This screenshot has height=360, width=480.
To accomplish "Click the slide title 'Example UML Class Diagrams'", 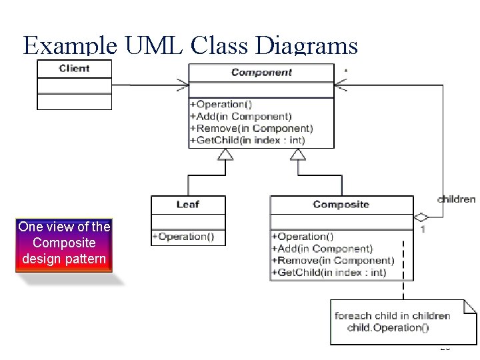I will click(190, 45).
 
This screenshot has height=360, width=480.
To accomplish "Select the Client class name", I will click(74, 69).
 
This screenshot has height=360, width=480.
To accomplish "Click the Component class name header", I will click(261, 73).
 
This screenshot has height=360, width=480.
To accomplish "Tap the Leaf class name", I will click(188, 205).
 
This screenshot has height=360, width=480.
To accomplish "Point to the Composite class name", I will click(341, 205).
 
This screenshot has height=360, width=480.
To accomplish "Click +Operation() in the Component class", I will click(221, 105).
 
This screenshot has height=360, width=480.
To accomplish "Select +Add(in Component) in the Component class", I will click(241, 117).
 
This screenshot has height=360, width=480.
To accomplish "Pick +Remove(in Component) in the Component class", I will click(251, 129).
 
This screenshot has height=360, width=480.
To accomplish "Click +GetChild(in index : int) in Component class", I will click(247, 141).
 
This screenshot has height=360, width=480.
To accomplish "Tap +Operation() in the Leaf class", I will click(182, 237).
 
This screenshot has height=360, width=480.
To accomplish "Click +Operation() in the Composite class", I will click(302, 237).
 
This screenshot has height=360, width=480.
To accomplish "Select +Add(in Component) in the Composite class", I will click(322, 249).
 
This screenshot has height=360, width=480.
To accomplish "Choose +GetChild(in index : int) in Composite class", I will click(329, 273).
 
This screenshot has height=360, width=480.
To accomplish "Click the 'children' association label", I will click(456, 199).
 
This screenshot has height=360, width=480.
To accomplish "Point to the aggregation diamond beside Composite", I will click(421, 217).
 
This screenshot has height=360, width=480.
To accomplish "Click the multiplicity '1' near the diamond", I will click(423, 229).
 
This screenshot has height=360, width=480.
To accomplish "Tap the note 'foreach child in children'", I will click(392, 316).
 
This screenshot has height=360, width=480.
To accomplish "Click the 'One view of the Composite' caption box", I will click(64, 243).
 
